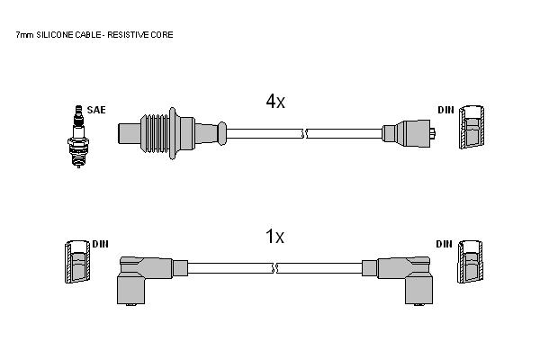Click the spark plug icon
point(78,137)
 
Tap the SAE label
point(96,110)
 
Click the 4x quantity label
point(275,102)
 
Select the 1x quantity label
point(274,237)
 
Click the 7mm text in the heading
point(24,35)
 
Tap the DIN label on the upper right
point(446,110)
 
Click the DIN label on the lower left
point(100,244)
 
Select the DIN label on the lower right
point(444,244)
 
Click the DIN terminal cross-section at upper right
point(472,127)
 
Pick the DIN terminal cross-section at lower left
point(77,262)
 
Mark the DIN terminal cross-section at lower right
point(470,262)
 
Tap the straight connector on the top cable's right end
point(409,134)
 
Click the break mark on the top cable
point(304,134)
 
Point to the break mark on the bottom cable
point(274,268)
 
